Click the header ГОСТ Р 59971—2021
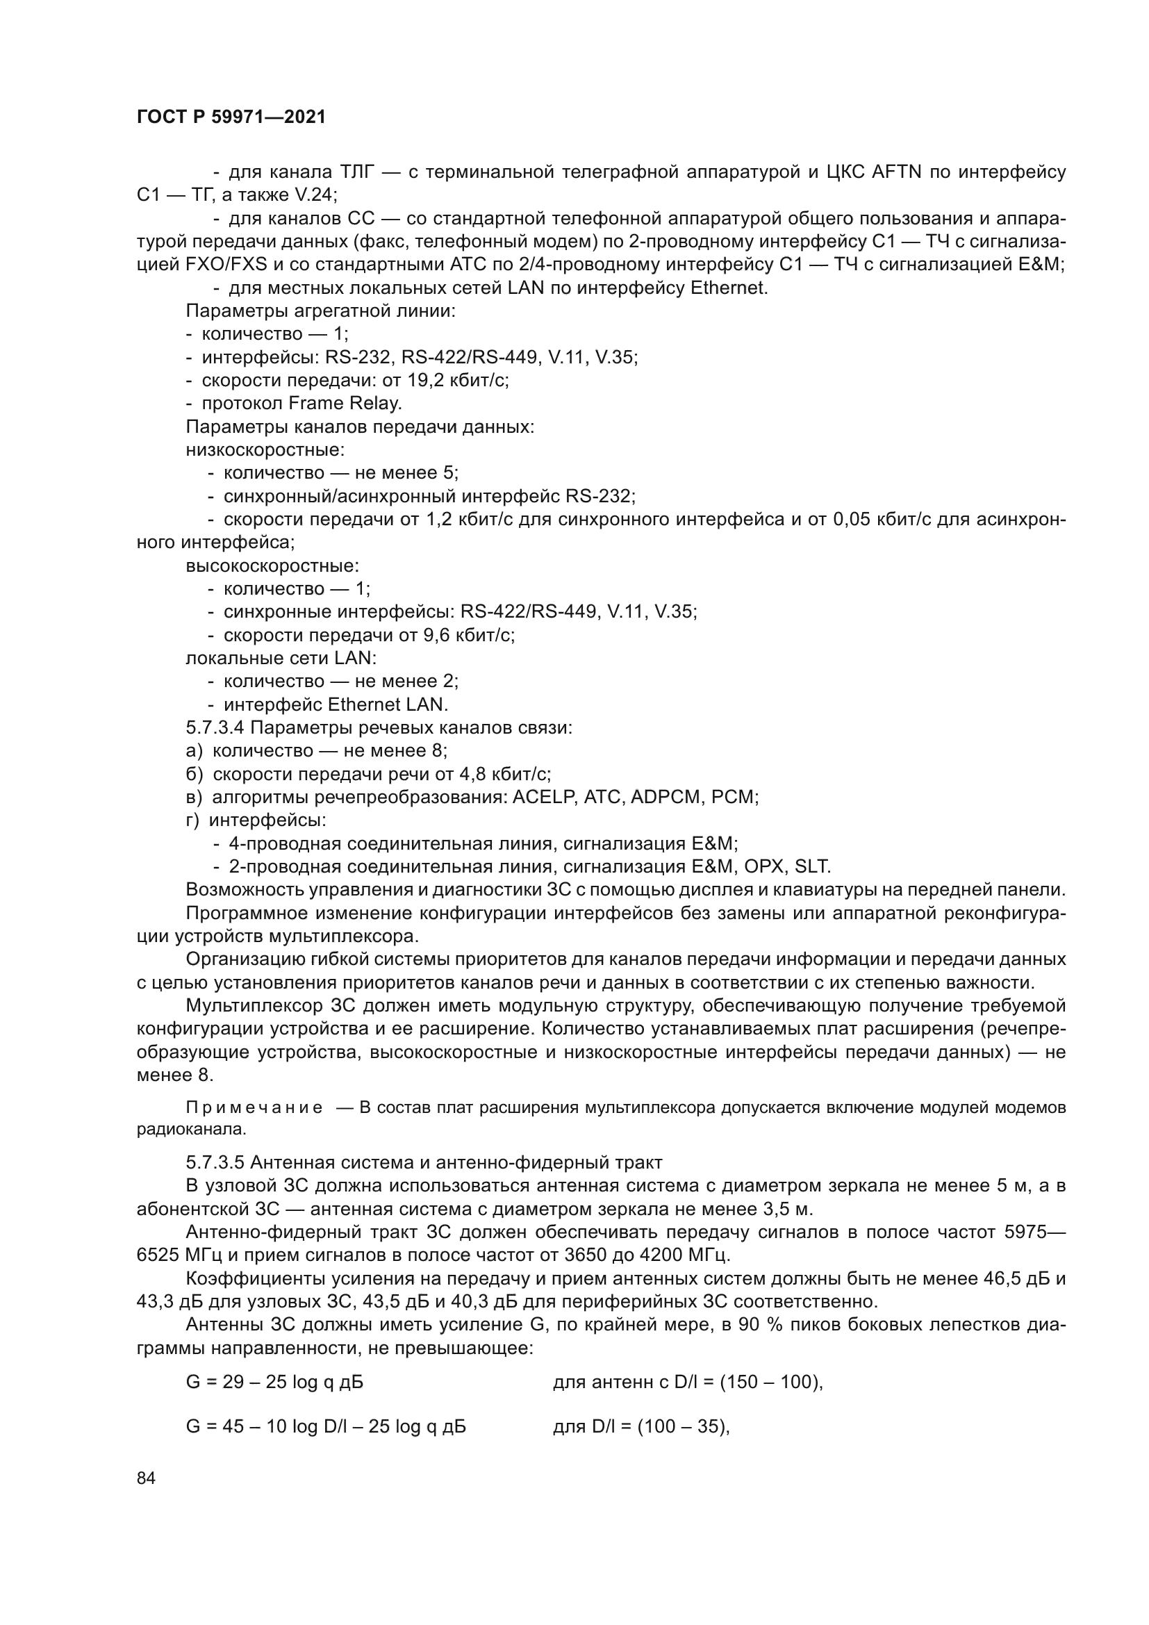(231, 117)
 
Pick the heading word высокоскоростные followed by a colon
(272, 566)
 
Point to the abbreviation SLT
(812, 866)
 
